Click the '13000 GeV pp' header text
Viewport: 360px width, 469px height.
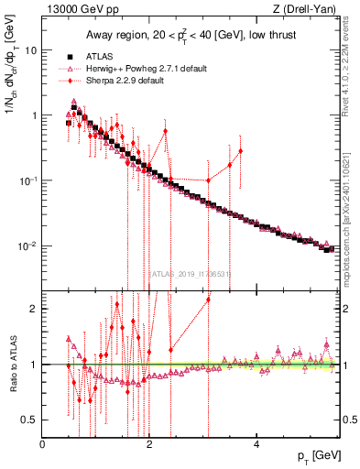[x=77, y=8]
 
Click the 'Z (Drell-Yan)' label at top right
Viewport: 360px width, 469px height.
[x=308, y=8]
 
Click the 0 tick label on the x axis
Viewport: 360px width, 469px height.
[x=43, y=444]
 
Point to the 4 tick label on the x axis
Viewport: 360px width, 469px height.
[x=256, y=444]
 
